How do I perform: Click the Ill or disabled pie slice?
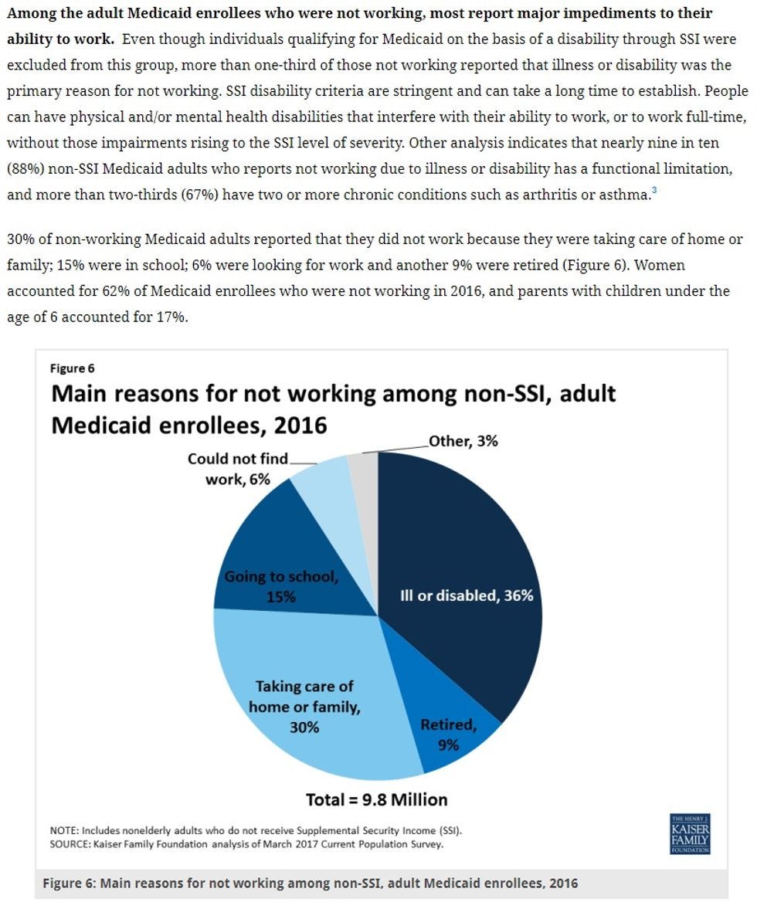click(463, 572)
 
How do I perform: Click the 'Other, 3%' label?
click(463, 441)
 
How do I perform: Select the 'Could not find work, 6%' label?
click(237, 469)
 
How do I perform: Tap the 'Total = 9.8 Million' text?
click(377, 799)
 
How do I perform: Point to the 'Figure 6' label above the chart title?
click(73, 368)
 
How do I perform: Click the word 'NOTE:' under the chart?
click(64, 831)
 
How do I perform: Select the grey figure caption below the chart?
click(309, 883)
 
